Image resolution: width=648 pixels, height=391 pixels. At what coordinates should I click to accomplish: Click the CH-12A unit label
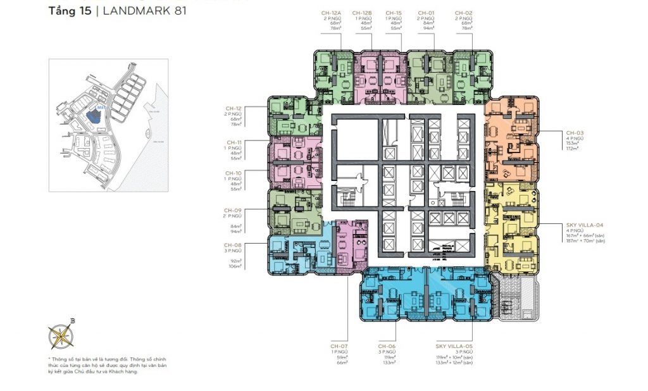pos(332,13)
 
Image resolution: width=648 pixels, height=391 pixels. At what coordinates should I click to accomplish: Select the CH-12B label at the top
pos(363,13)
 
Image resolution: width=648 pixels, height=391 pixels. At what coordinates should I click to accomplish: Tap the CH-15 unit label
pos(394,13)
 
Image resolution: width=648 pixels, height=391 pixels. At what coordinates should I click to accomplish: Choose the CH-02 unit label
pos(463,13)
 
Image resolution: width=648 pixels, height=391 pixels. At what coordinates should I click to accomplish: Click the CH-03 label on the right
pos(574,132)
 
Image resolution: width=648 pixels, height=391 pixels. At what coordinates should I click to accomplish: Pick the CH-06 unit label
pos(387,346)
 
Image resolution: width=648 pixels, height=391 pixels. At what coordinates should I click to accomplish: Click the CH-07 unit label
pos(339,346)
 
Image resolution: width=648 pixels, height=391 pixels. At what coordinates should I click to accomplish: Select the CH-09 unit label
pos(233,209)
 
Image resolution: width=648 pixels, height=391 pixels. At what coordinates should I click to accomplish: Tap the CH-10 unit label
pos(233,172)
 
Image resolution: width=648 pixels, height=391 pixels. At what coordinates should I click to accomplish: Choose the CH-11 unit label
pos(233,142)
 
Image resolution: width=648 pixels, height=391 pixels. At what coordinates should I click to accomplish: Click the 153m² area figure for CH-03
pos(573,143)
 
